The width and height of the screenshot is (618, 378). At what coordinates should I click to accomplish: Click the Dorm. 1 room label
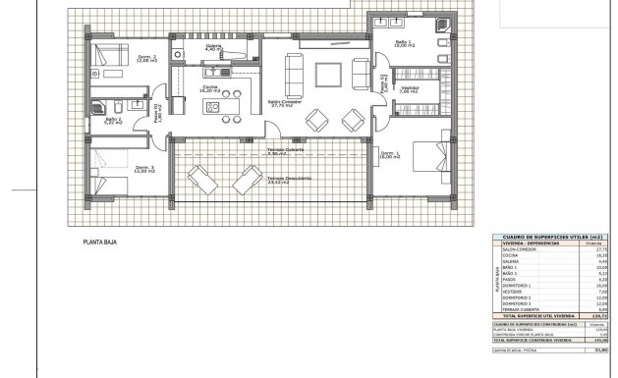pos(388,155)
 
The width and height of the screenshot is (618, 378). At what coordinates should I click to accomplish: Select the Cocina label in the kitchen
pos(210,88)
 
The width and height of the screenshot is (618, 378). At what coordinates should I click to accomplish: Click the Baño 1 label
pos(403,42)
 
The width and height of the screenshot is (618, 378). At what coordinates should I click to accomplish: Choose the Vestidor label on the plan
pos(409,88)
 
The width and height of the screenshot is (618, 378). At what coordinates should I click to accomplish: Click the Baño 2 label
pos(113,120)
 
